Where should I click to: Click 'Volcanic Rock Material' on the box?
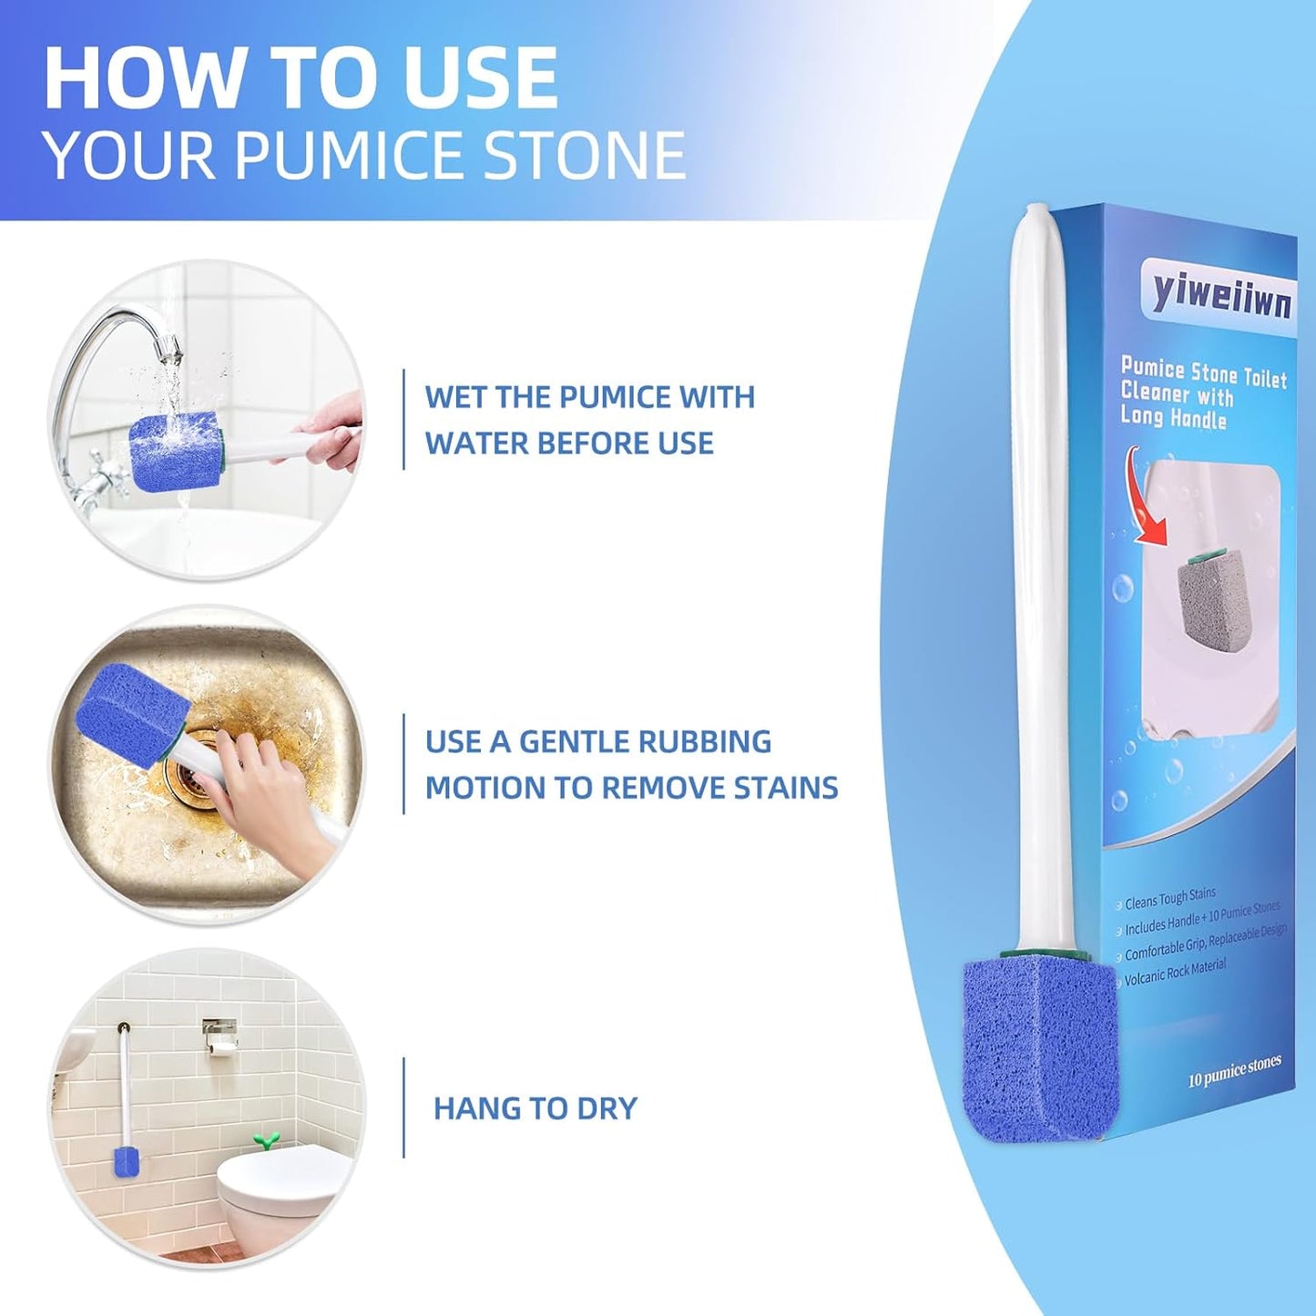click(x=1175, y=972)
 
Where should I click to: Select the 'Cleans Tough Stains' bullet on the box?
click(x=1169, y=899)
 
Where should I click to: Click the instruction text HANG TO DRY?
click(x=536, y=1108)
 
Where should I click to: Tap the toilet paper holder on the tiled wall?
click(x=219, y=1037)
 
